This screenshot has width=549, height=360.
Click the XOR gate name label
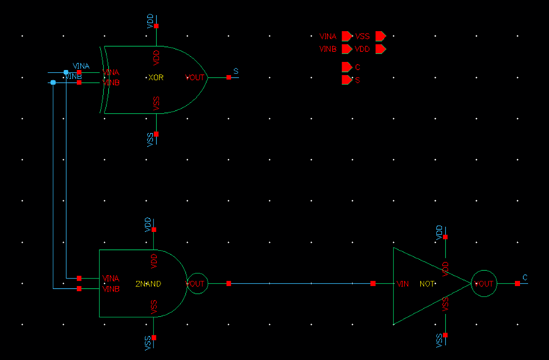pos(156,78)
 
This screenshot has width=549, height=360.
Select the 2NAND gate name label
pos(148,284)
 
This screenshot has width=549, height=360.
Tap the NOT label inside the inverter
pos(427,284)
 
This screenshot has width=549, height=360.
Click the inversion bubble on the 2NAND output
pos(197,284)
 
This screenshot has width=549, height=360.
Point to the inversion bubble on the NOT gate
pos(484,284)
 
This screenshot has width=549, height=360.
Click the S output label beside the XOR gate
pos(236,71)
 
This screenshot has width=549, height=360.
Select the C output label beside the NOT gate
pos(525,278)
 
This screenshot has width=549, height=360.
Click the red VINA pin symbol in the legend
pos(347,36)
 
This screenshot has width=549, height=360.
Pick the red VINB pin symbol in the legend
pos(347,49)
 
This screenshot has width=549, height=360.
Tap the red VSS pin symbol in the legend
pos(380,36)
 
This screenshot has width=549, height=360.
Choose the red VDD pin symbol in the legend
pos(380,49)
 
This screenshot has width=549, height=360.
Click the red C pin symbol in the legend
pos(346,67)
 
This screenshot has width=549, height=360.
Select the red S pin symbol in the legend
pos(346,80)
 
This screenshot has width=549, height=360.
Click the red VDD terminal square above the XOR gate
pos(156,26)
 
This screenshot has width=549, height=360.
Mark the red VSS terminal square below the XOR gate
pos(156,133)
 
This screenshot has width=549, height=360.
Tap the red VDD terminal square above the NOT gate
pos(445,237)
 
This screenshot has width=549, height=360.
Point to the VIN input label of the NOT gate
pos(403,284)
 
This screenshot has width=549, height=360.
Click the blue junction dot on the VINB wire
pos(53,83)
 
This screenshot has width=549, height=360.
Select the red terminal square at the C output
pos(517,284)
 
